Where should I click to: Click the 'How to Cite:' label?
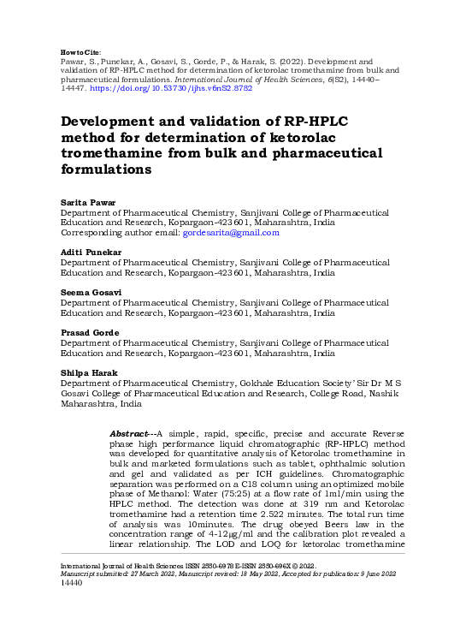pos(79,53)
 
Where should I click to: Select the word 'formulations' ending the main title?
pos(105,169)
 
